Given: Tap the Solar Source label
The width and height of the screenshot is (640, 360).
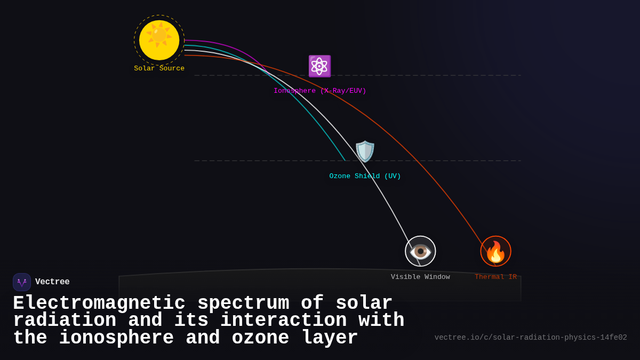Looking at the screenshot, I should tap(159, 69).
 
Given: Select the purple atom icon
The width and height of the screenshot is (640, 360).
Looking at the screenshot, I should tap(319, 66).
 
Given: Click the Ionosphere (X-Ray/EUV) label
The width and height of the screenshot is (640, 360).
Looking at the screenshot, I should tap(319, 91).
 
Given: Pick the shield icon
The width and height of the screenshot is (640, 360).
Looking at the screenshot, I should tap(365, 151).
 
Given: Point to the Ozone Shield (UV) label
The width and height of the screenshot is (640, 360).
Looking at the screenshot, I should tap(365, 177).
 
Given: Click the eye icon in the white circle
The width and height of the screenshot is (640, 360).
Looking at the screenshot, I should tap(420, 251).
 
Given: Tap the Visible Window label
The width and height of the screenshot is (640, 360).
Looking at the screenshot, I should tap(420, 277).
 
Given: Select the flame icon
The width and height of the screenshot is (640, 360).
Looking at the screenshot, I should tap(495, 251).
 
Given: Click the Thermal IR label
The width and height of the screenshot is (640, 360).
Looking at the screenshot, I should tap(495, 277).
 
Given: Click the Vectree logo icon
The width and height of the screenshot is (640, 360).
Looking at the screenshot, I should tap(22, 282).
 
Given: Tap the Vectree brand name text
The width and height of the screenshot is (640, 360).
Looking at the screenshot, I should tap(52, 282).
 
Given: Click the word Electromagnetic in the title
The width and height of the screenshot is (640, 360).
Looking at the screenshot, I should tap(99, 303).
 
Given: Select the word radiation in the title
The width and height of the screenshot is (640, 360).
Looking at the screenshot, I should tap(64, 321).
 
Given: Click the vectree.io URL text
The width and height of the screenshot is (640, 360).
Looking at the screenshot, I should tap(531, 338).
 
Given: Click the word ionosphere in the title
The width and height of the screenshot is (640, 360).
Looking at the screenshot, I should tap(116, 338).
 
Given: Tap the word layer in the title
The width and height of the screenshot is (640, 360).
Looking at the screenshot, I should tap(330, 338).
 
